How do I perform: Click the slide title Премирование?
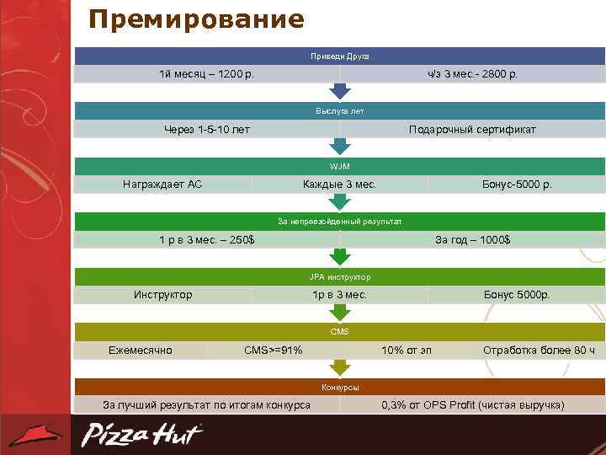pos(196,19)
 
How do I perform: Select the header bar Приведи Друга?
pos(339,56)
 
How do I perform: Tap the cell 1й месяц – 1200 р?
pos(207,74)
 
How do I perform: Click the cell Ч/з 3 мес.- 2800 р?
pos(472,74)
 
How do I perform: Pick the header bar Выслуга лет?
pos(339,110)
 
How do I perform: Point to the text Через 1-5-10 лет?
pos(206,129)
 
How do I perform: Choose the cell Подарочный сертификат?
pos(472,129)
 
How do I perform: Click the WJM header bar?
pos(339,166)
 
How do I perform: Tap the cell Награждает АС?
pos(162,184)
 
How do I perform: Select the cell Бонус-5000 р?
pos(517,184)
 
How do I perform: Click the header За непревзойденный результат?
pos(339,222)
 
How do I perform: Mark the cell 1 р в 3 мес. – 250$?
pos(207,240)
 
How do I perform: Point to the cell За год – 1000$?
pos(472,240)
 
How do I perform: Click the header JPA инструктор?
pos(339,276)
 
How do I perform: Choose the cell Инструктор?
pos(162,295)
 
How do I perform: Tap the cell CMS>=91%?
pos(274,350)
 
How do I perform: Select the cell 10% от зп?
pos(407,350)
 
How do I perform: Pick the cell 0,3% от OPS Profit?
pos(472,405)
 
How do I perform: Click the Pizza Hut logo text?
pos(141,435)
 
